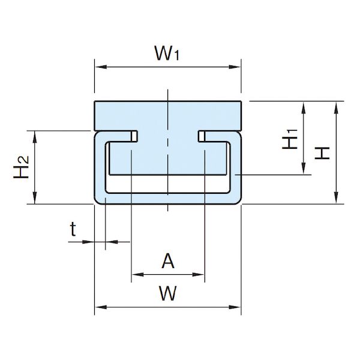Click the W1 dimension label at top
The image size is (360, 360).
click(167, 53)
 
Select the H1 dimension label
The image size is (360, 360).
click(290, 139)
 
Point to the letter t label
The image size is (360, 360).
click(73, 229)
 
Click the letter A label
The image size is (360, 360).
click(168, 261)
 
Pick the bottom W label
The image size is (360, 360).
click(168, 293)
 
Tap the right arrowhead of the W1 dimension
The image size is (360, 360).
click(235, 67)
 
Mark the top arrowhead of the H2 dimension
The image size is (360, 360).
click(35, 137)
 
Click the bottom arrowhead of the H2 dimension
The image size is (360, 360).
click(35, 197)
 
